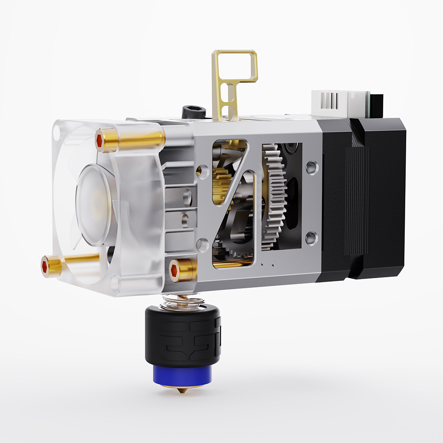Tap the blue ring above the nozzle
tap(183, 375)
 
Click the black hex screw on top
tap(193, 110)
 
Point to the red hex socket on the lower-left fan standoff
tap(45, 266)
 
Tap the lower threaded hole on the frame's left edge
tap(202, 244)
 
